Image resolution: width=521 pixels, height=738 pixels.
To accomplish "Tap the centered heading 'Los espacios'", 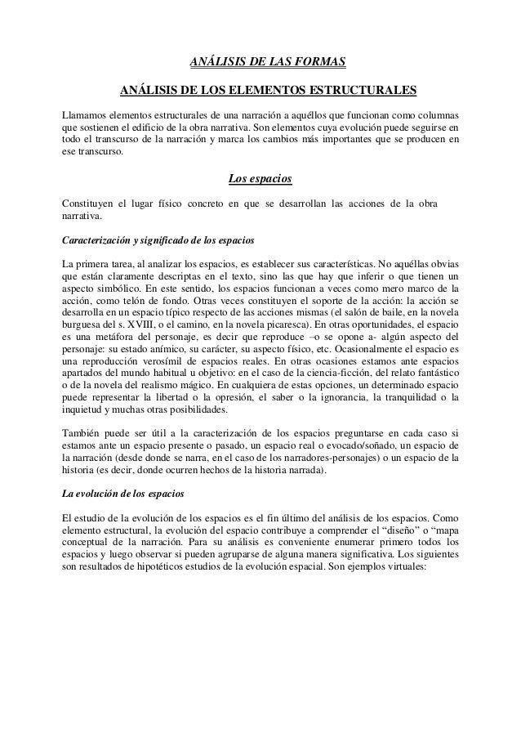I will tap(260, 179).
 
